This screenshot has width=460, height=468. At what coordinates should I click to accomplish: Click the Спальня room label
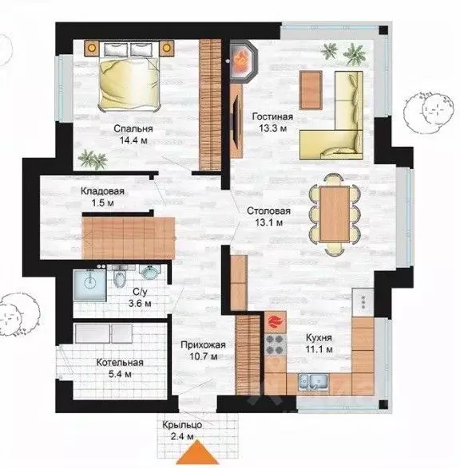pos(133,128)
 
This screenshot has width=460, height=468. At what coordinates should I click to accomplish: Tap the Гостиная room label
pos(272,116)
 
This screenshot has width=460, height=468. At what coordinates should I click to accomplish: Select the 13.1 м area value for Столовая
pos(269,222)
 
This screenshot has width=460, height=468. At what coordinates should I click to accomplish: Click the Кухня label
pos(319,337)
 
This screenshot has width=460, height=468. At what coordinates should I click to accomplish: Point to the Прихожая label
pos(203,345)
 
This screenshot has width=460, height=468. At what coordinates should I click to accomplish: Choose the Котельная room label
pos(120,362)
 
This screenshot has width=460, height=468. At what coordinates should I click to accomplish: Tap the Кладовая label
pos(102,191)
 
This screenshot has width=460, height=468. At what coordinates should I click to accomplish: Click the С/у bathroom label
pos(140,292)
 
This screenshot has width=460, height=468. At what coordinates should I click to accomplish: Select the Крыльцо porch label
pos(182,425)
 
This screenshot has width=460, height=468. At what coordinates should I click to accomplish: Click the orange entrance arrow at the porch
pos(197,454)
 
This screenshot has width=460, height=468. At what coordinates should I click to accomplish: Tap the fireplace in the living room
pos(241,61)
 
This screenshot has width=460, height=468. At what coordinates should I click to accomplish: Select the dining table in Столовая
pos(335,214)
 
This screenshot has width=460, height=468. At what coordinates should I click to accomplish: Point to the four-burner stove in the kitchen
pos(276,344)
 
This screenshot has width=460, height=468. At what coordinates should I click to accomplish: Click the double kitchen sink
pos(314,382)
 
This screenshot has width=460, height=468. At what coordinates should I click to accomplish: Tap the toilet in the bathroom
pos(120,277)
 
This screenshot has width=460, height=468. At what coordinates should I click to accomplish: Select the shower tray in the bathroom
pos(89,285)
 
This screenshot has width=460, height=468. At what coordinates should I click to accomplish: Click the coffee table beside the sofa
pos(311,90)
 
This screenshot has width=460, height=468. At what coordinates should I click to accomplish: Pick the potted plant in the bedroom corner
pos(93,159)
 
